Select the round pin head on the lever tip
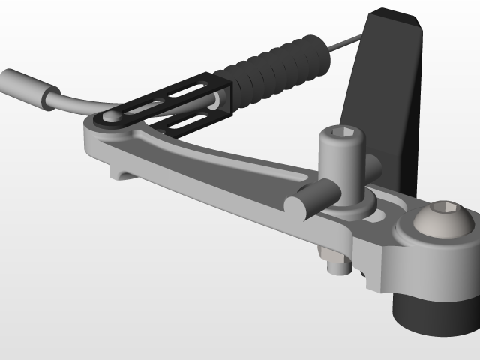[x=112, y=117]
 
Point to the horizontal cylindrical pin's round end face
[x=297, y=205]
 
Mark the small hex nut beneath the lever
[x=337, y=262]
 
